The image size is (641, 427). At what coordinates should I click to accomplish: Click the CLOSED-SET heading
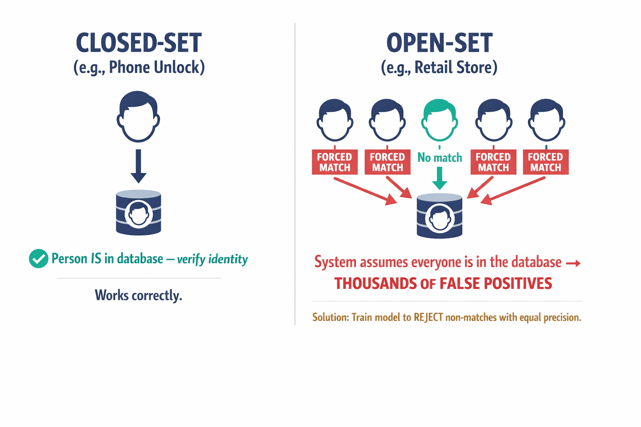click(139, 43)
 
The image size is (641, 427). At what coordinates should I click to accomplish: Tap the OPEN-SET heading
click(439, 43)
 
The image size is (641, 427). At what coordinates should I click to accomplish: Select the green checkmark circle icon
click(38, 259)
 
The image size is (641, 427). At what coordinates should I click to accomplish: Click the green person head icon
click(439, 121)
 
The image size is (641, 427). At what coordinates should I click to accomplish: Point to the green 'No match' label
click(439, 158)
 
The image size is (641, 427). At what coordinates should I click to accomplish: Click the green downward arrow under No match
click(439, 178)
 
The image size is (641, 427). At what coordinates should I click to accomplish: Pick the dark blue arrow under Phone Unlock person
click(139, 166)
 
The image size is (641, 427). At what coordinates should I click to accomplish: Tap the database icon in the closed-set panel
click(139, 212)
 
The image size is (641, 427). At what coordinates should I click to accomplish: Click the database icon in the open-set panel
click(439, 216)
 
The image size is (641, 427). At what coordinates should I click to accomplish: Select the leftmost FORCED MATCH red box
click(335, 162)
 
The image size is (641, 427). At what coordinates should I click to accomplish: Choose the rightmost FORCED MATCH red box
click(545, 162)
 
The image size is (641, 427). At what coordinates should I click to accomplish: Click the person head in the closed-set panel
click(138, 117)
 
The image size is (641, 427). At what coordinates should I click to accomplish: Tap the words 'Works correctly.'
click(139, 295)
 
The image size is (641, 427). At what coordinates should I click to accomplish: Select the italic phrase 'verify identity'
click(212, 259)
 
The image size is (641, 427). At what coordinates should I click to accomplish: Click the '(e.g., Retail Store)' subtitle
click(439, 67)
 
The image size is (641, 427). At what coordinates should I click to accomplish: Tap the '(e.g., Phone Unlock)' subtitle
click(139, 67)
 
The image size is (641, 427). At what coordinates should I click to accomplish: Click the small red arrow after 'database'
click(573, 263)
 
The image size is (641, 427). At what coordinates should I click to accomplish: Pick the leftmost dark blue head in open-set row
click(335, 121)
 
